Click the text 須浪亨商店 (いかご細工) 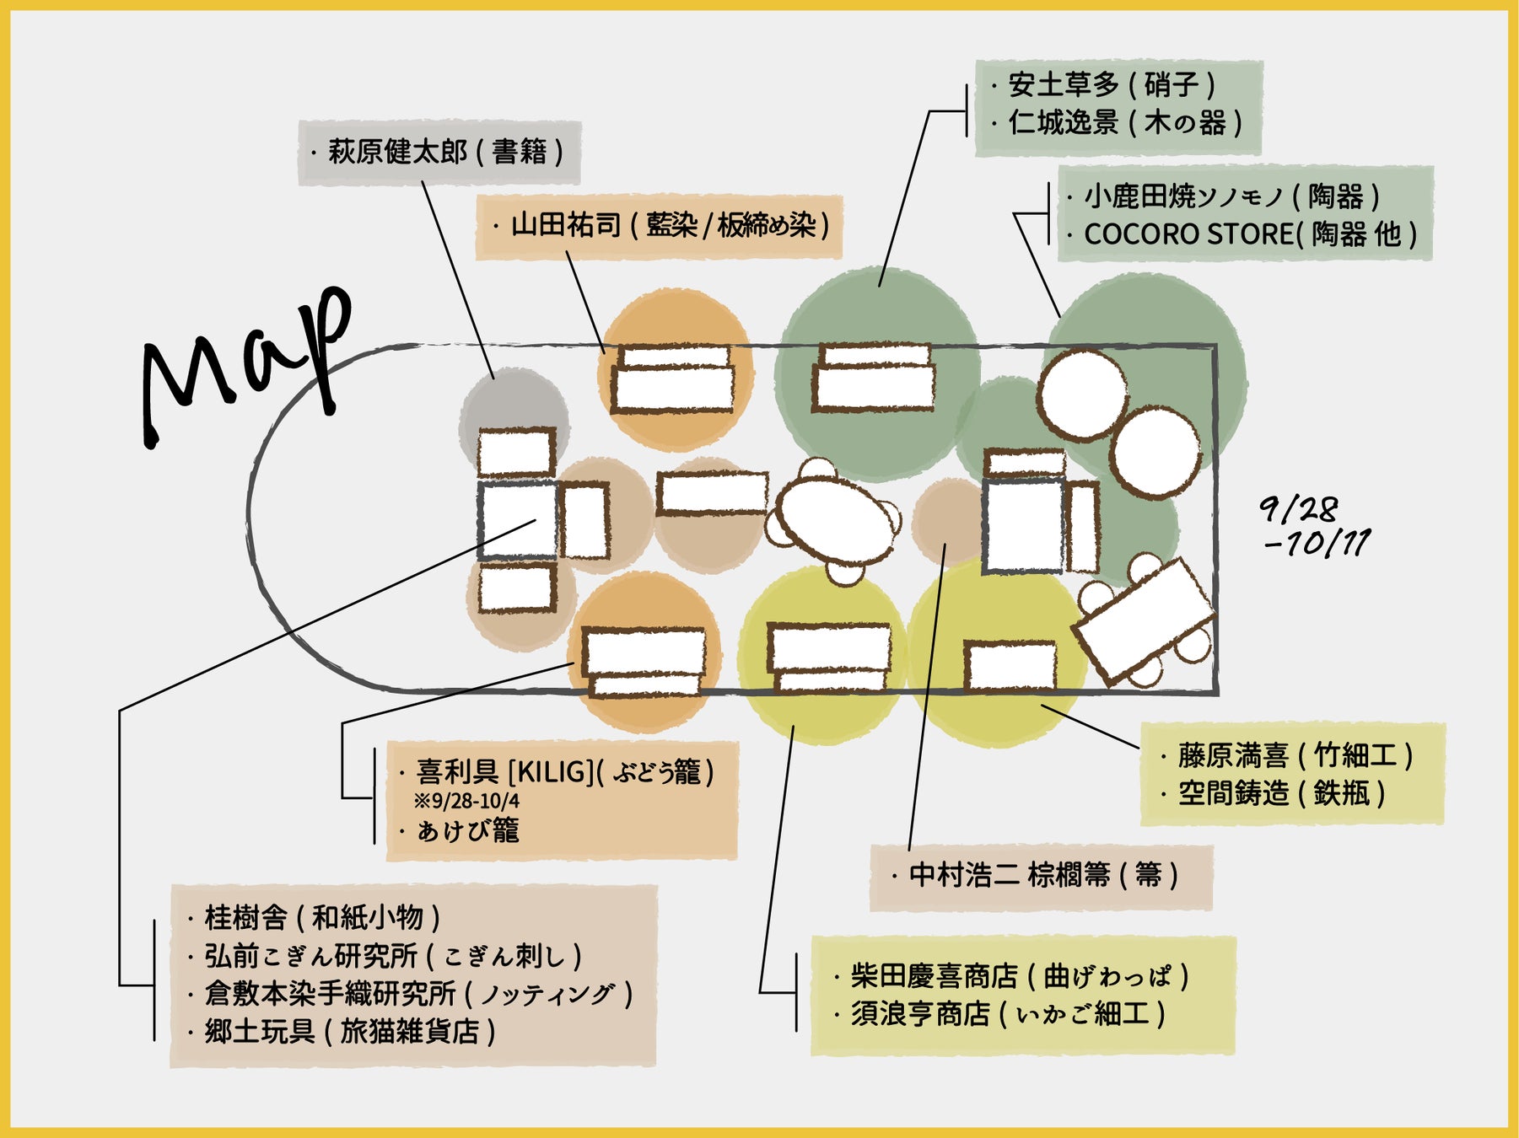click(1008, 1013)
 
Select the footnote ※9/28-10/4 click(466, 801)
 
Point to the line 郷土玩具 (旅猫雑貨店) click(349, 1032)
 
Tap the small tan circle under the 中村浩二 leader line click(948, 521)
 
